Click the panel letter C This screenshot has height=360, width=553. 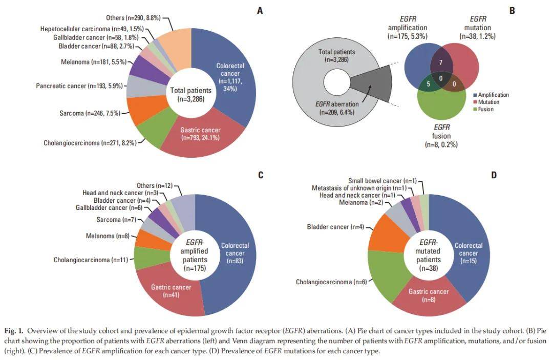(260, 175)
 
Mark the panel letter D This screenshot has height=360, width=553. (494, 175)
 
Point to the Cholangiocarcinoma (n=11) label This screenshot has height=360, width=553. (92, 260)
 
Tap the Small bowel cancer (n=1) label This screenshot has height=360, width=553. (382, 181)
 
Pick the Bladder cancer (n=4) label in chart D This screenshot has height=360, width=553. (335, 226)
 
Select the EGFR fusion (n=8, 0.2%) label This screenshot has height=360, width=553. (441, 137)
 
